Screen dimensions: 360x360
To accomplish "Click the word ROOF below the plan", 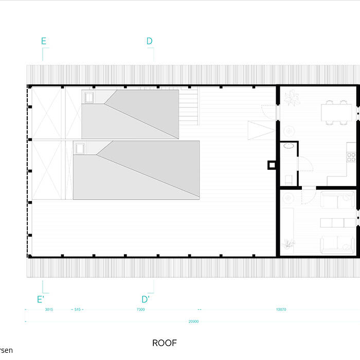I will (x=164, y=343).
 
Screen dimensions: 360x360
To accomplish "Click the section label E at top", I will (x=44, y=41).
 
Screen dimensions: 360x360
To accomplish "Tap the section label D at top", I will (x=150, y=41).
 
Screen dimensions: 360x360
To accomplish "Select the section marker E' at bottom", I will (x=40, y=299).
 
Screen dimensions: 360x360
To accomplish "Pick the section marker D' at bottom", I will (x=146, y=299).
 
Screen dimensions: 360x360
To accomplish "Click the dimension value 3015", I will (x=49, y=310).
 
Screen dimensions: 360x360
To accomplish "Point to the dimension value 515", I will (x=77, y=310).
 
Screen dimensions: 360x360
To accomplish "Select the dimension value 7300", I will (x=140, y=310).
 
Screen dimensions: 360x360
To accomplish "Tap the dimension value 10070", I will (x=281, y=310).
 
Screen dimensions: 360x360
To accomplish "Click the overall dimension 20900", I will (x=193, y=321).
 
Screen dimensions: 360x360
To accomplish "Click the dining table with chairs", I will (x=334, y=112).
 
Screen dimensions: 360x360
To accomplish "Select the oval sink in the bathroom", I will (x=290, y=147).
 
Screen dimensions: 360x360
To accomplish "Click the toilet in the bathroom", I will (x=289, y=179).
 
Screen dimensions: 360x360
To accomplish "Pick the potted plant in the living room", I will (x=289, y=244).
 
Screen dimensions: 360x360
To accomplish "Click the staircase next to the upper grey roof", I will (x=189, y=106).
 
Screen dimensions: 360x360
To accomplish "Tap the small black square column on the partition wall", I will (x=271, y=165).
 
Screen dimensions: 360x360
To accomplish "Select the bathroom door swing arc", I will (x=306, y=164).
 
